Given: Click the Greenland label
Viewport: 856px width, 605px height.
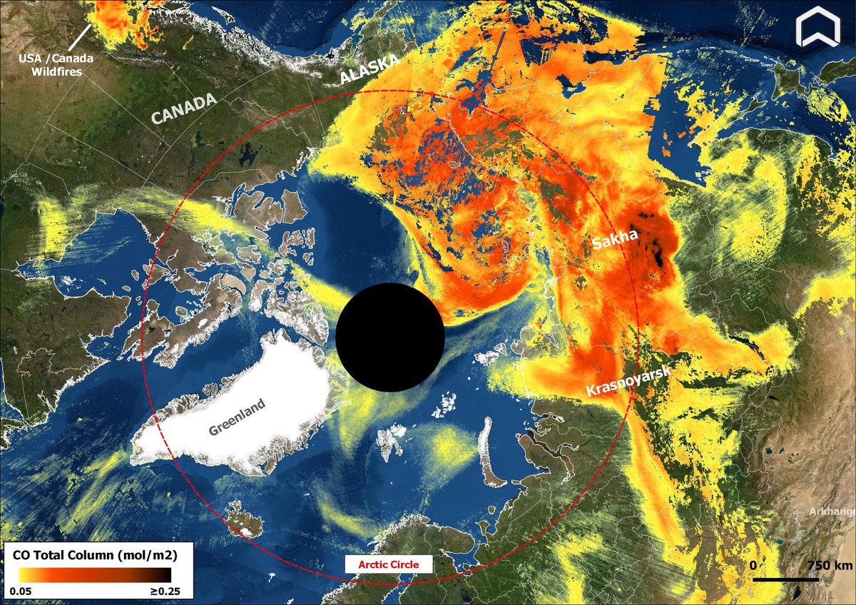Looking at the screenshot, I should click(237, 417).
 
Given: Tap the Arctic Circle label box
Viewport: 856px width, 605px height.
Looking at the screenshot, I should click(389, 564).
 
